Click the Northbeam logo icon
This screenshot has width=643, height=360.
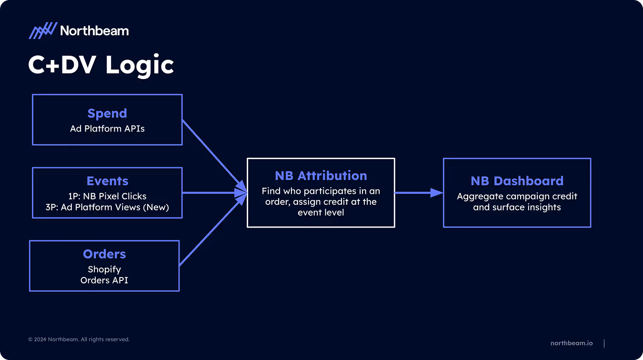(x=43, y=31)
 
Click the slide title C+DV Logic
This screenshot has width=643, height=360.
(x=101, y=65)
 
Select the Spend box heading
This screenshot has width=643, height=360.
(x=107, y=113)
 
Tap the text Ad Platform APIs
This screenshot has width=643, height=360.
(x=107, y=129)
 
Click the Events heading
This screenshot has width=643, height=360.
(x=107, y=181)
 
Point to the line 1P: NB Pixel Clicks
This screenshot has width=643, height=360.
(x=107, y=196)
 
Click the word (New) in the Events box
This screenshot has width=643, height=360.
(x=158, y=207)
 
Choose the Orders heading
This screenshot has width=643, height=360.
(x=104, y=254)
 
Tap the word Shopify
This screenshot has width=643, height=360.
(x=104, y=270)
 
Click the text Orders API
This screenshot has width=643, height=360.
(x=104, y=280)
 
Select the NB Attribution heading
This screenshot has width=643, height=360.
(x=321, y=176)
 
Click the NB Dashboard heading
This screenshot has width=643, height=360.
(x=517, y=181)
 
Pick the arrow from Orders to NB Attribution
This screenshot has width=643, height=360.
(x=210, y=232)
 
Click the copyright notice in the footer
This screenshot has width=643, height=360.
(x=79, y=340)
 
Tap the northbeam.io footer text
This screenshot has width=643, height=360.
(x=572, y=343)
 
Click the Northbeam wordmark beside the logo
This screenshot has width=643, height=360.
(x=94, y=31)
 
